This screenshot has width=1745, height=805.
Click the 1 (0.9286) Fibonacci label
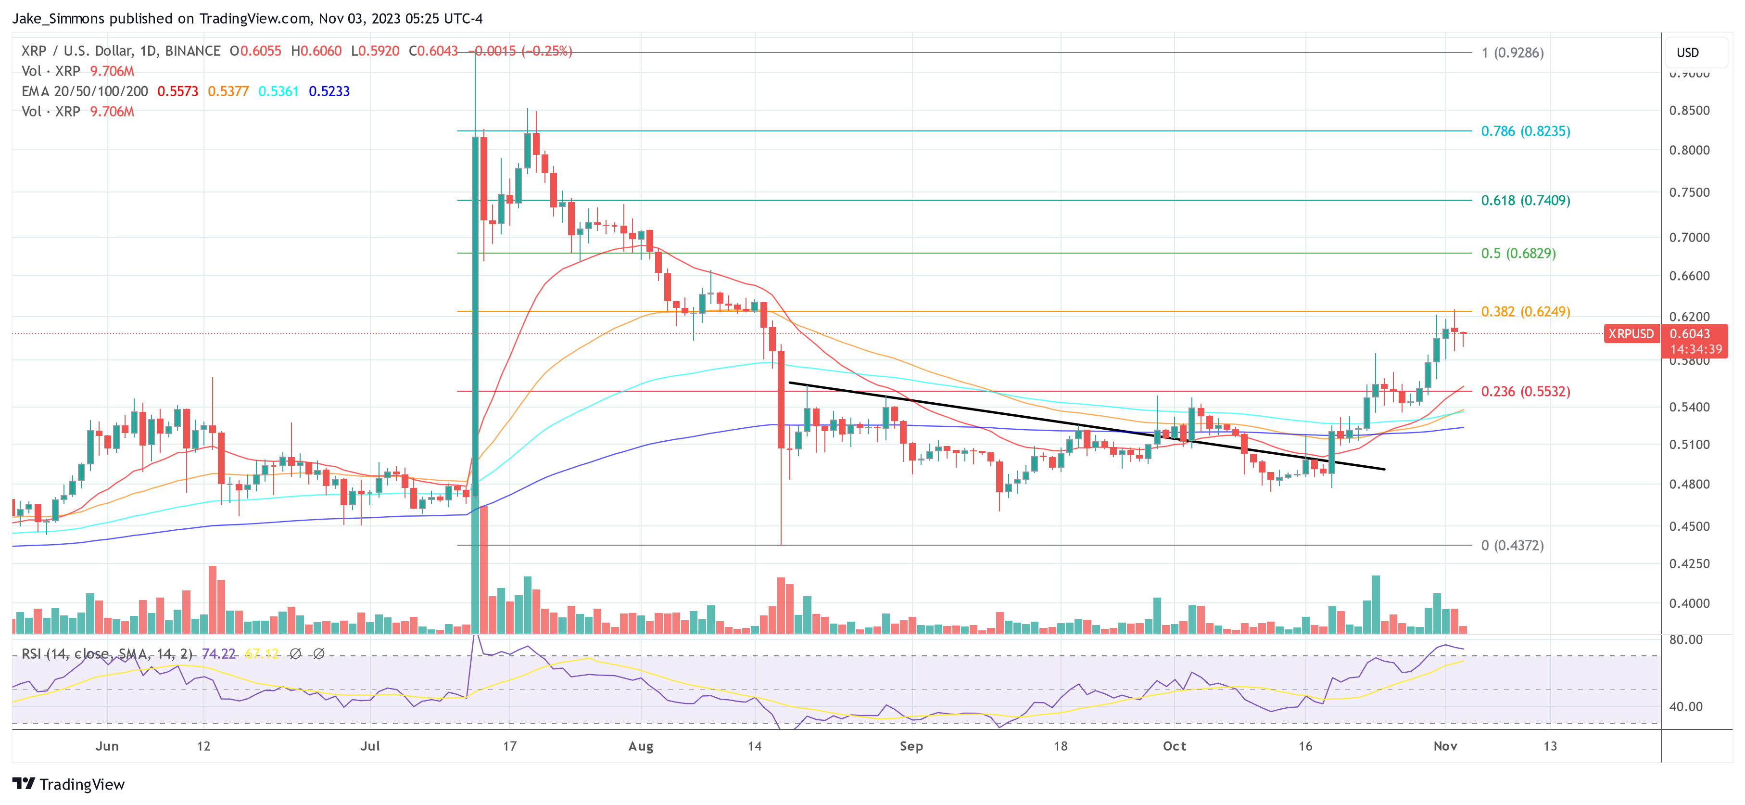(x=1512, y=53)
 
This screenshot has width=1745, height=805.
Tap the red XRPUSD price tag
(x=1631, y=334)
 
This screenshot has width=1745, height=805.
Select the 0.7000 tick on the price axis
(x=1689, y=238)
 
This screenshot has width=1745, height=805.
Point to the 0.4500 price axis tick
(x=1689, y=526)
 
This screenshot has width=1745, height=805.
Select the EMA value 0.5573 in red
(x=177, y=91)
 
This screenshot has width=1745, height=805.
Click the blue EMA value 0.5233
(x=329, y=91)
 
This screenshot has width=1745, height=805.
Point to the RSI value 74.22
(x=218, y=654)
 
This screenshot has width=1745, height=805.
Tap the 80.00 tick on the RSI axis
(x=1685, y=639)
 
